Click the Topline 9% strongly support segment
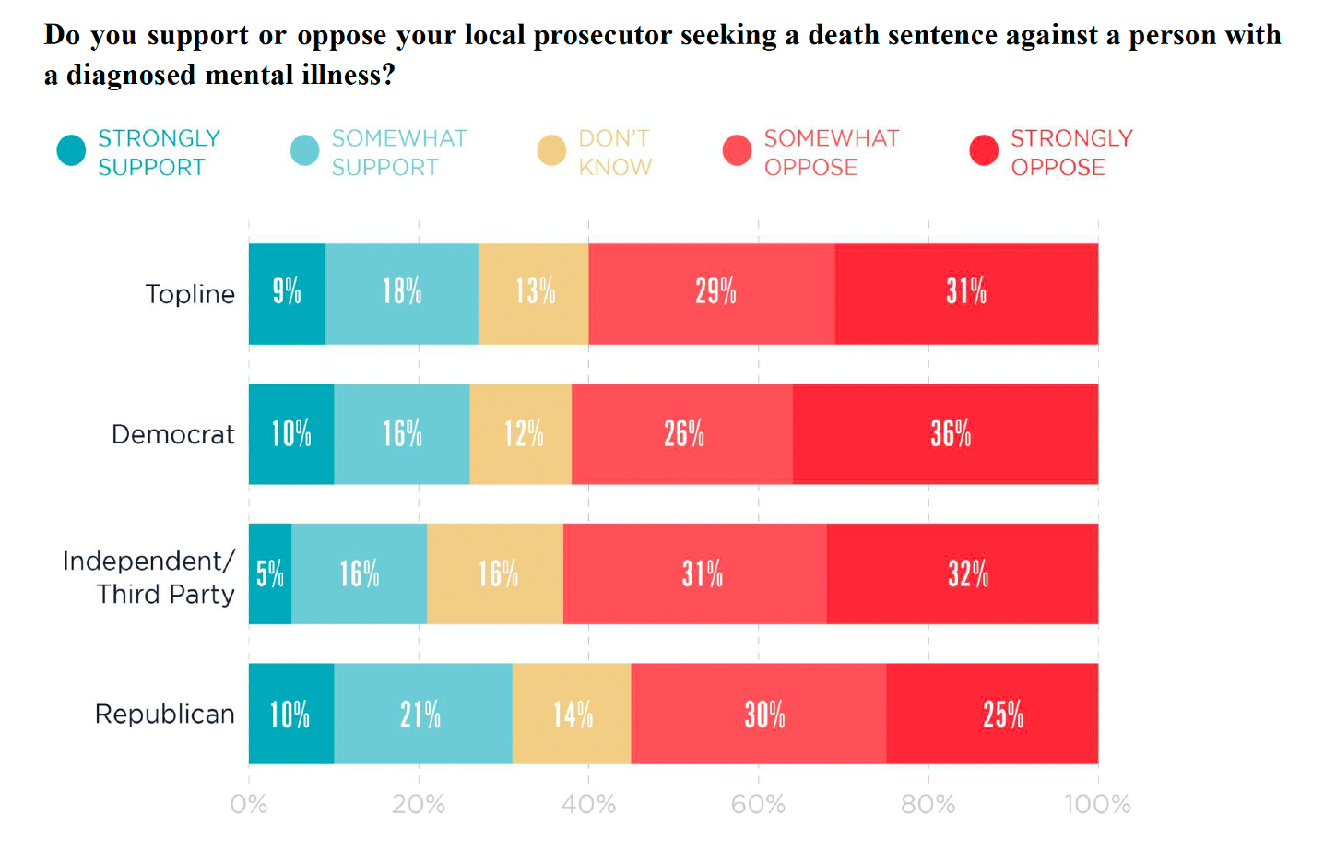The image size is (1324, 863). [x=287, y=293]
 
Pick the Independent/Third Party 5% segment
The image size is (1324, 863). [x=270, y=573]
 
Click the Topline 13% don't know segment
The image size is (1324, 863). [x=534, y=293]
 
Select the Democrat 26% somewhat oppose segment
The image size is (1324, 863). [x=682, y=434]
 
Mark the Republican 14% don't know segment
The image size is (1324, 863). [x=572, y=714]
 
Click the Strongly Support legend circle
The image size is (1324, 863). [x=71, y=150]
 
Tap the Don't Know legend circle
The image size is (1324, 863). [x=551, y=150]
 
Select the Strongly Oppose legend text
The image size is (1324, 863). [x=1071, y=152]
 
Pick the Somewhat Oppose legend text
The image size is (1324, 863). [x=831, y=152]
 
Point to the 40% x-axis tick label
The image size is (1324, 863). [x=588, y=804]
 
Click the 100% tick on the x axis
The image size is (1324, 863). [x=1097, y=804]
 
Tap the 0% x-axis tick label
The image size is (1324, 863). [x=249, y=804]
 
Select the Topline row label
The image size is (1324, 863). [x=190, y=294]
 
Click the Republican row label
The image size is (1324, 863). [x=165, y=714]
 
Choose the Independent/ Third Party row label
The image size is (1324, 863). [x=148, y=577]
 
